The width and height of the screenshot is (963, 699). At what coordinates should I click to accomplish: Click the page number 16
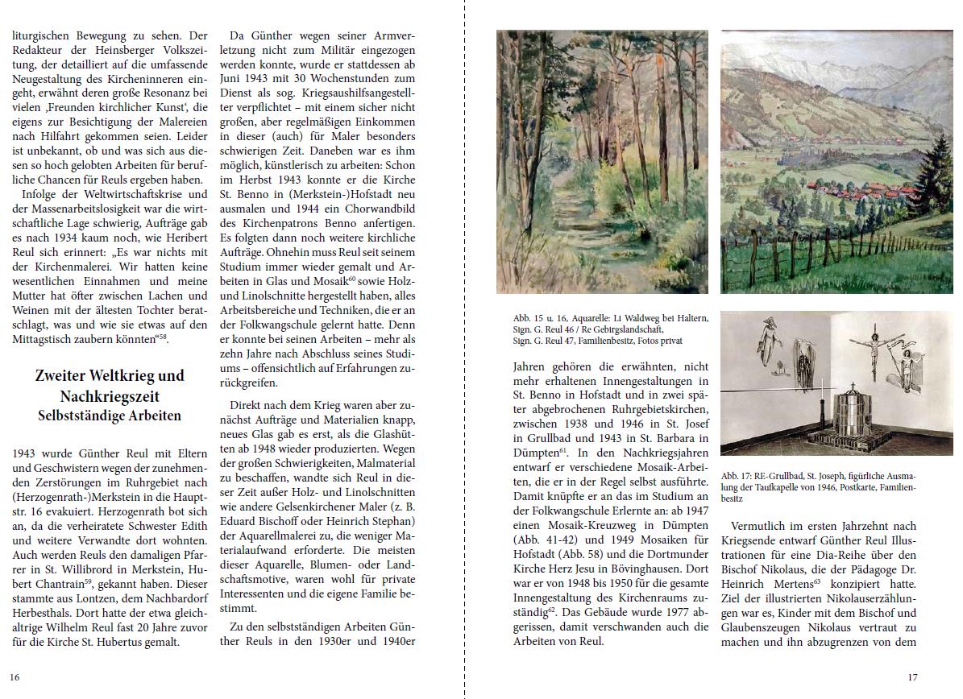(15, 677)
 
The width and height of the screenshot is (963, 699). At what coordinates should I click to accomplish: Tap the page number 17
(912, 677)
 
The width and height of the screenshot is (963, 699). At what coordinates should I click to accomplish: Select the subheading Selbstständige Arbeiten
(110, 416)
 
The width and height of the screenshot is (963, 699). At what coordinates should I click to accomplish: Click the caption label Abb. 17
(737, 476)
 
